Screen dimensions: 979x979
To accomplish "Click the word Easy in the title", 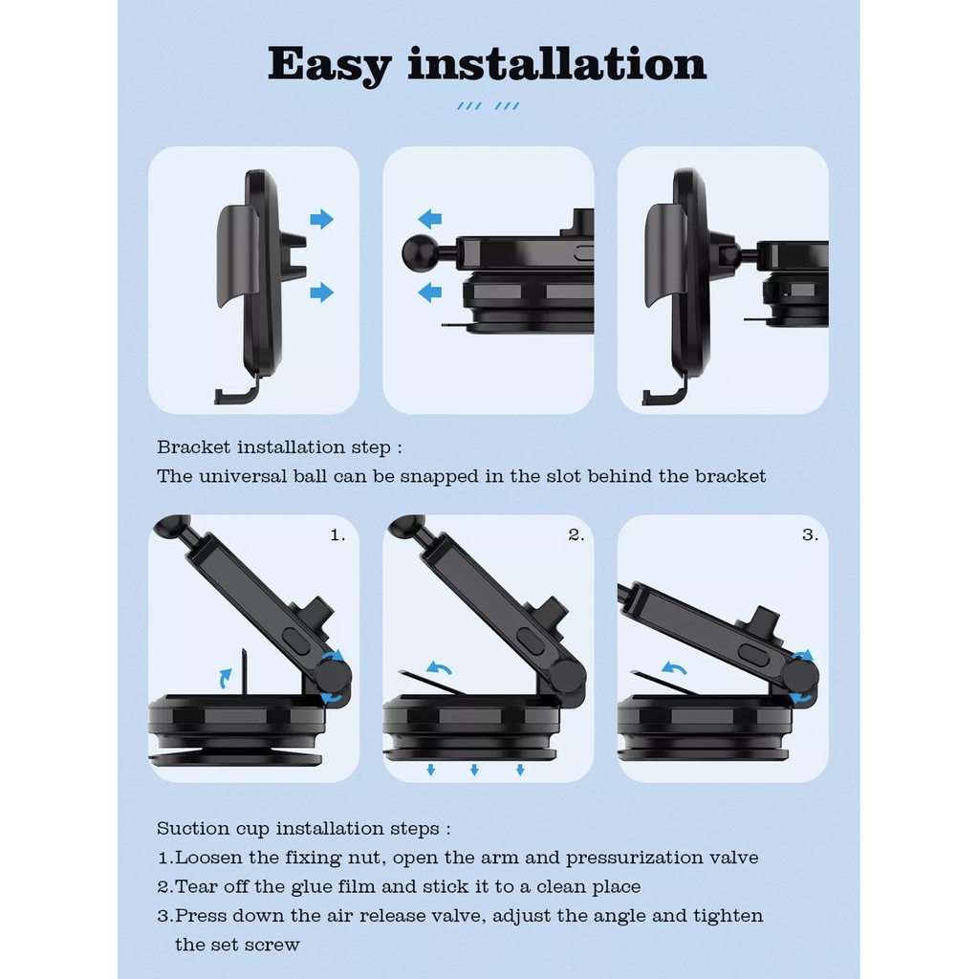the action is click(329, 65).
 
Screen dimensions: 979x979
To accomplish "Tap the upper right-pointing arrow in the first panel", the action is click(321, 219).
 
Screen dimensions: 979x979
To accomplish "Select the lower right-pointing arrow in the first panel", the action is click(321, 293).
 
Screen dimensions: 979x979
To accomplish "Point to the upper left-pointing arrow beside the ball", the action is click(429, 219).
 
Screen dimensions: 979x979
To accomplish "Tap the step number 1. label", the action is click(337, 535).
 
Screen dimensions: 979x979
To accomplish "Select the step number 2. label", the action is click(576, 535).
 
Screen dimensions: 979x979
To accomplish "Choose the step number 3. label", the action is click(810, 535).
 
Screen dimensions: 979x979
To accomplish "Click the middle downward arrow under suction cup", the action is click(474, 770).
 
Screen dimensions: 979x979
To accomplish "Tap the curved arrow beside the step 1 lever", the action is click(226, 678).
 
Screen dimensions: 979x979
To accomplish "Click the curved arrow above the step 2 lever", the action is click(439, 668).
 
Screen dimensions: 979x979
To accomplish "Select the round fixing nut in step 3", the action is click(801, 676).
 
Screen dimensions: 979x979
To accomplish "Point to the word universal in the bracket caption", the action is click(244, 476).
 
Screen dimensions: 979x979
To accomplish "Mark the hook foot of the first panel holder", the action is click(236, 392).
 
